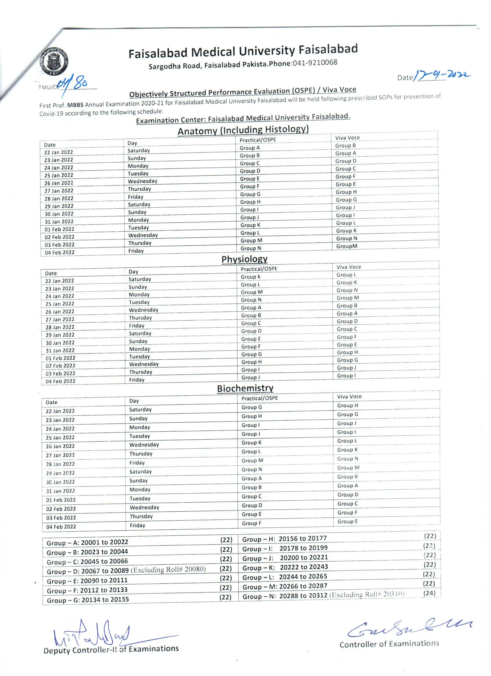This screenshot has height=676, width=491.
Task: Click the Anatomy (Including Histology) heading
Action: pyautogui.click(x=243, y=130)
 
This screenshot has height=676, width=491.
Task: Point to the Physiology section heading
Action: pyautogui.click(x=244, y=259)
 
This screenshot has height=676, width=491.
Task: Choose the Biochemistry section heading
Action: pyautogui.click(x=245, y=388)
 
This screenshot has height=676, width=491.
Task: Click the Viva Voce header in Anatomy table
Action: pyautogui.click(x=347, y=138)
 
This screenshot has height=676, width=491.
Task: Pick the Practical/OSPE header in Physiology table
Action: pyautogui.click(x=259, y=269)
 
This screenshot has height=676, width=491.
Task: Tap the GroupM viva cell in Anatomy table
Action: pyautogui.click(x=347, y=246)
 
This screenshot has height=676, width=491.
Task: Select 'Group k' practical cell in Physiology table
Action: pyautogui.click(x=251, y=277)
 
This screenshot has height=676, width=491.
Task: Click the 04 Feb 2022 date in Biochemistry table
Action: pyautogui.click(x=61, y=527)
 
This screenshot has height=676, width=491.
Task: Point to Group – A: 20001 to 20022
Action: pyautogui.click(x=87, y=543)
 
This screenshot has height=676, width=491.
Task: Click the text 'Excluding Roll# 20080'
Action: pyautogui.click(x=169, y=569)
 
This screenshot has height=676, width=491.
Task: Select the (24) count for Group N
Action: pyautogui.click(x=429, y=593)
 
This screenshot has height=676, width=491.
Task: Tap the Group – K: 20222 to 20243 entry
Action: pyautogui.click(x=285, y=567)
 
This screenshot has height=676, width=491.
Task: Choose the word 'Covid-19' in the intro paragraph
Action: pyautogui.click(x=51, y=114)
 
